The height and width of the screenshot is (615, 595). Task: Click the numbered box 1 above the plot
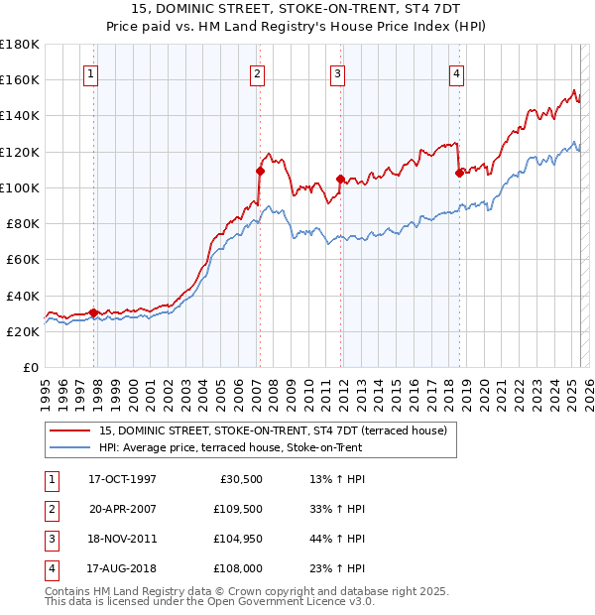tap(90, 72)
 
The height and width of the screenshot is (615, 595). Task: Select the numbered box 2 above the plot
tap(257, 72)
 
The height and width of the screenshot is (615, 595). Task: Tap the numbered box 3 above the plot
tap(337, 72)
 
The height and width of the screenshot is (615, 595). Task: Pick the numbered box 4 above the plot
tap(456, 72)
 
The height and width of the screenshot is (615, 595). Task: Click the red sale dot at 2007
tap(260, 170)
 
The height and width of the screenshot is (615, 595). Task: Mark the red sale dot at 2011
tap(340, 179)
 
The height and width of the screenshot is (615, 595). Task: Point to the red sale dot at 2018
tap(459, 173)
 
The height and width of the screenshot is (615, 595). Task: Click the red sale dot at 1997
tap(93, 312)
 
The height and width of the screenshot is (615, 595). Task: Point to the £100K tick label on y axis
tap(20, 187)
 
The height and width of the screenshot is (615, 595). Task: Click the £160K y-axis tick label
tap(20, 79)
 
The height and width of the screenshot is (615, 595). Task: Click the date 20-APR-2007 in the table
tap(123, 509)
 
